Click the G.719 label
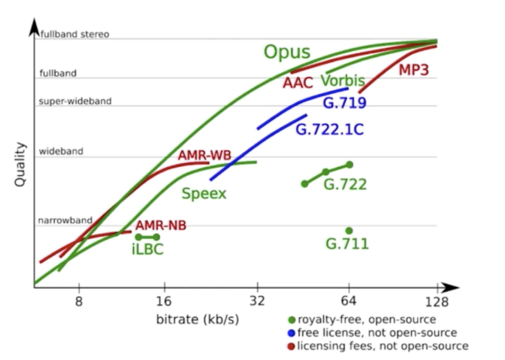(344, 104)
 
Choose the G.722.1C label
(330, 129)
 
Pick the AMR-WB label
(204, 156)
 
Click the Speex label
(204, 193)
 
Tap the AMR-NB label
(161, 225)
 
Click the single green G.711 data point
(349, 231)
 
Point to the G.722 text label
(345, 184)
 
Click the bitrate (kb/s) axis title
(198, 319)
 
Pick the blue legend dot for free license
(291, 332)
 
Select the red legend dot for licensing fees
(291, 346)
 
